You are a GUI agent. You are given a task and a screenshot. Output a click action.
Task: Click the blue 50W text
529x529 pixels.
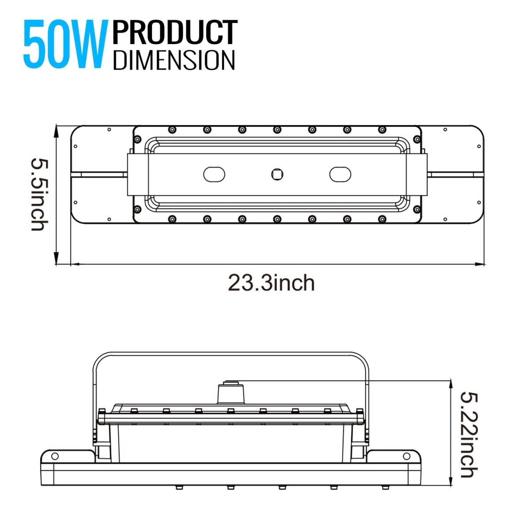65,45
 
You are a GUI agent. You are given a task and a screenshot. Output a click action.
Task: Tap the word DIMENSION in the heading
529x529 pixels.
174,60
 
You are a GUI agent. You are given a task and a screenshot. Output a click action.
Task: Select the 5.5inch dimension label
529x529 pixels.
38,194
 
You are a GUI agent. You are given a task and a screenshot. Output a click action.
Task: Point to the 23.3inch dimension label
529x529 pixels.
271,283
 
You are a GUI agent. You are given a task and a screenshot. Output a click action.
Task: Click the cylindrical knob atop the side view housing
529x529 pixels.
230,392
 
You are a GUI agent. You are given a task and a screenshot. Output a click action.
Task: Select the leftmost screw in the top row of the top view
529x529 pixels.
171,130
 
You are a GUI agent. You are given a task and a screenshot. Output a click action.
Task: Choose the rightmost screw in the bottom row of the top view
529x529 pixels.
382,219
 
